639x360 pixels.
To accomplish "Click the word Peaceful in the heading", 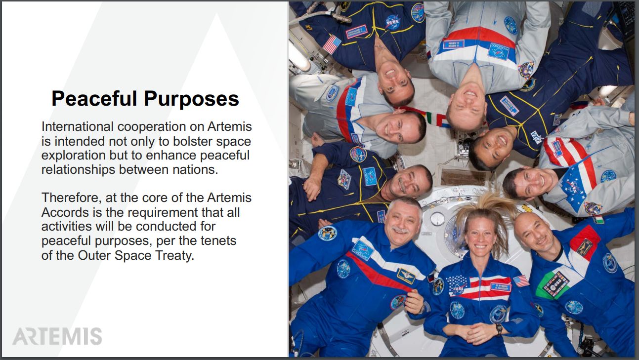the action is [94, 99].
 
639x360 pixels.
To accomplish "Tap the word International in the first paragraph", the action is [78, 126].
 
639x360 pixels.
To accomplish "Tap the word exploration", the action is [74, 156].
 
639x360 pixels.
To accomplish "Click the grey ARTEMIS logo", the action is [57, 336].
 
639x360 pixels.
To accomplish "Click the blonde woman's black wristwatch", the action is [499, 329].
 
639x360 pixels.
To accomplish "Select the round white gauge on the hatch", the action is [437, 219].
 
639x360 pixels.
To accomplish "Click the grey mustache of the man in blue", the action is [400, 230].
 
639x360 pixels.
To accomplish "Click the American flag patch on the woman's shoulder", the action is [521, 281].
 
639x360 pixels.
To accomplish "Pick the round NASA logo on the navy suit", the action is [393, 22].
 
